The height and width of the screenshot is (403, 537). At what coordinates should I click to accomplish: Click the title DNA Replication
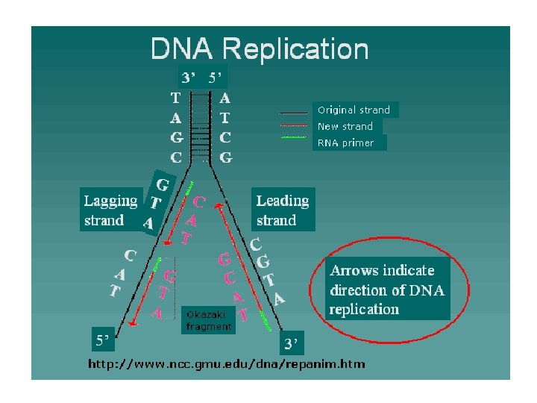point(260,49)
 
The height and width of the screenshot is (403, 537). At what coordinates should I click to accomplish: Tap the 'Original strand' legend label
point(354,110)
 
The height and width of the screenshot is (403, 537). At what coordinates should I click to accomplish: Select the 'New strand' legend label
point(345,126)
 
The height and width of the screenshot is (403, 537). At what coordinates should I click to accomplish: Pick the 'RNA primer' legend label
point(345,143)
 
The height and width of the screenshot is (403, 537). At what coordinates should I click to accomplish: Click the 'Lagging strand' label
point(110,210)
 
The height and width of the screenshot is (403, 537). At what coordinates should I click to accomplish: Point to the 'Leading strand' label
point(282,210)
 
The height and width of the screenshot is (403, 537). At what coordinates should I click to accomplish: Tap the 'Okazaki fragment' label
point(209,321)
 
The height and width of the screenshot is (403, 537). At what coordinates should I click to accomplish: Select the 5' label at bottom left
point(101,340)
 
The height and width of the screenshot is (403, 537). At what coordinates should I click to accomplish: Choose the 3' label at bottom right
point(291,344)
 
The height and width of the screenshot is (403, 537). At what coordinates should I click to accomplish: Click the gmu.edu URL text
point(227,364)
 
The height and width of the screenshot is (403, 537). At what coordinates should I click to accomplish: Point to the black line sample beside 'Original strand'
point(293,112)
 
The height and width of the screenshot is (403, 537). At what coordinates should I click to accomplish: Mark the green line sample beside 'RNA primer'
point(293,137)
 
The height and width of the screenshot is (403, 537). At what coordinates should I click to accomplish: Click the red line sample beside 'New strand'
point(293,125)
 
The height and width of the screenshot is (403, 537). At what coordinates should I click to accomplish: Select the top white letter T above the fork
point(175,97)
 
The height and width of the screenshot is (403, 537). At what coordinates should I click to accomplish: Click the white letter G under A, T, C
point(226,157)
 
